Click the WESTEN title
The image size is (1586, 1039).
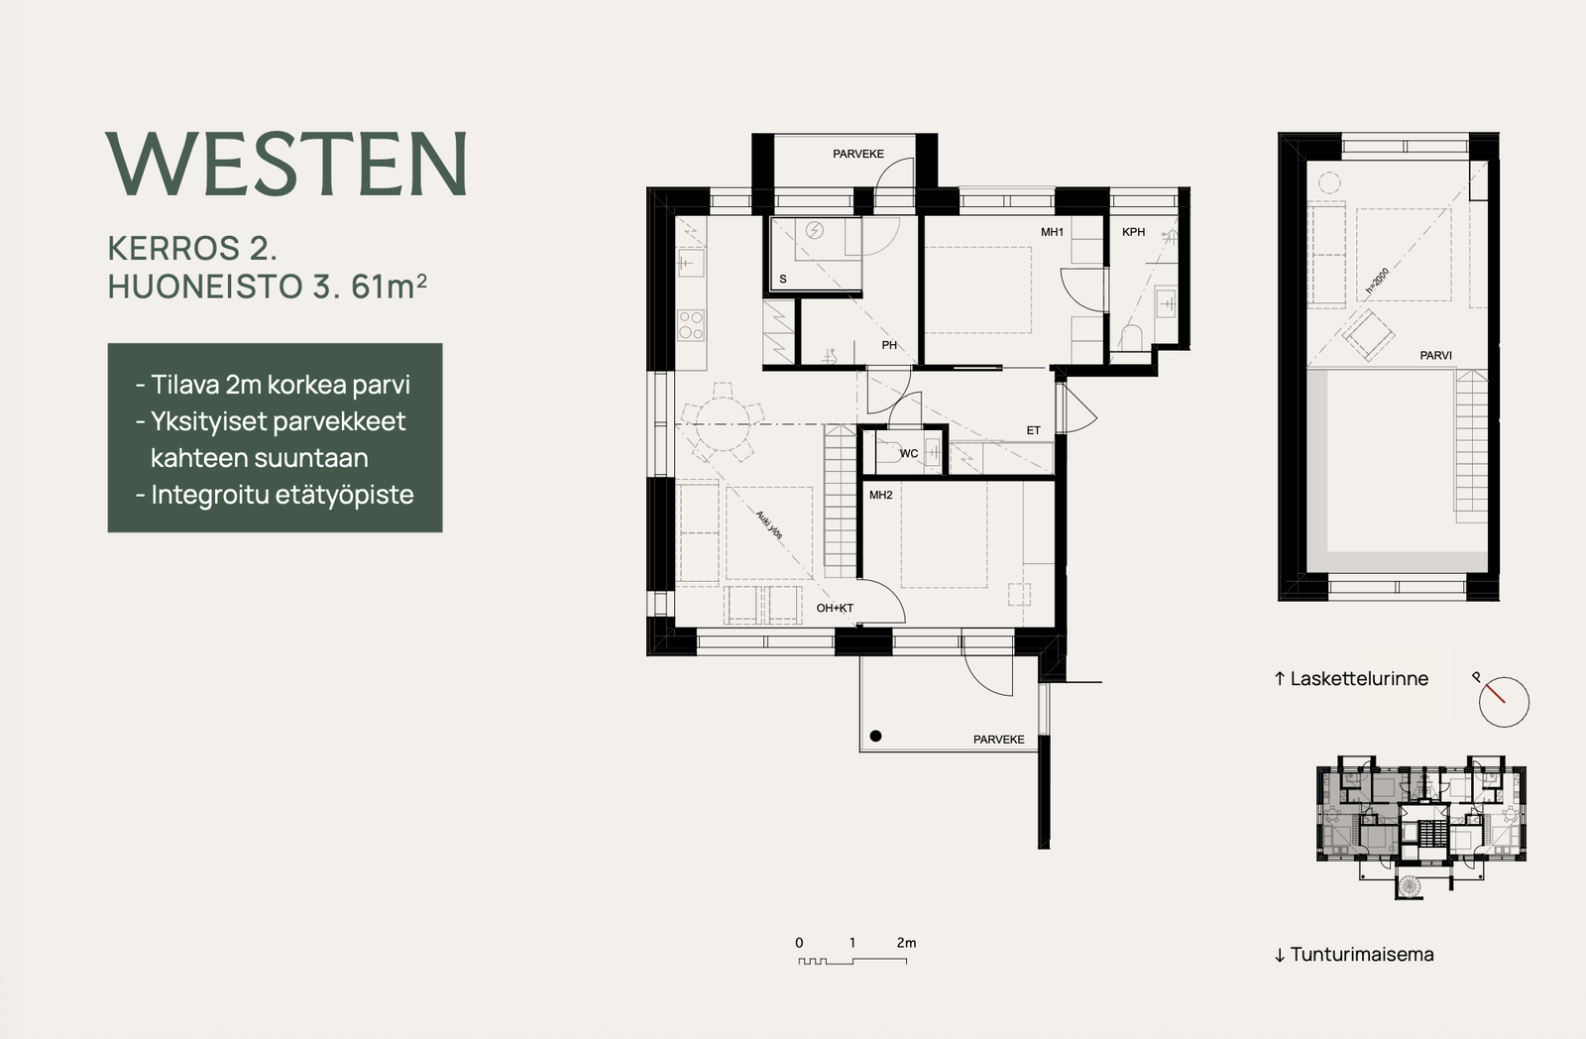(286, 164)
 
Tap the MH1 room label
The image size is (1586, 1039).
(1052, 232)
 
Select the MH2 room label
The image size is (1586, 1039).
(881, 495)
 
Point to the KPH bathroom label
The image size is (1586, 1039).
(1134, 232)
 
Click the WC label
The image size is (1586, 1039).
(908, 453)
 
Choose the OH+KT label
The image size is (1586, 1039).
(835, 608)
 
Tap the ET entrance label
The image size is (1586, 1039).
(1034, 430)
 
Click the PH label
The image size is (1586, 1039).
(889, 345)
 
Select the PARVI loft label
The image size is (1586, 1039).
(1436, 356)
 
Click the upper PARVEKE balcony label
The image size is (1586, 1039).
(858, 154)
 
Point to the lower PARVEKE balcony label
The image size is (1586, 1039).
(998, 740)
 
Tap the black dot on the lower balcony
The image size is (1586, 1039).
(876, 736)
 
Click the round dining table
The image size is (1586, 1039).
(723, 424)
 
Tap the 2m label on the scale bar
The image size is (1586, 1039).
(906, 943)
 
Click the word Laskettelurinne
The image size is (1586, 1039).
(1359, 678)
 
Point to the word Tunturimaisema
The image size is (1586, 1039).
(1362, 954)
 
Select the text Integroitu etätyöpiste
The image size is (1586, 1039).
(283, 495)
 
